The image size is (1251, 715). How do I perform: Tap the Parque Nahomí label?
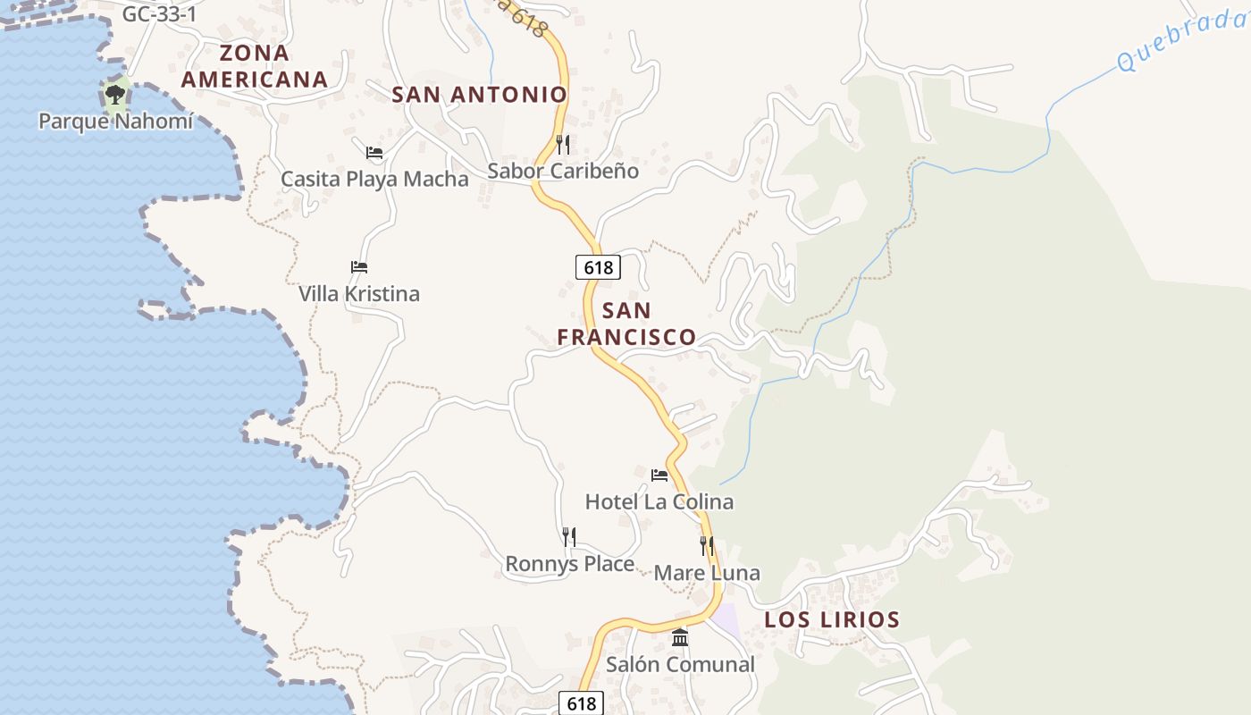coord(115,121)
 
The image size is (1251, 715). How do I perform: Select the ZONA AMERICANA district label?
coord(255,66)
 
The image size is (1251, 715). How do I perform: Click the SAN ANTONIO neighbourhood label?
coord(480,94)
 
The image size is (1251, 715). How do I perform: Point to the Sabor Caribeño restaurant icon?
coord(562,143)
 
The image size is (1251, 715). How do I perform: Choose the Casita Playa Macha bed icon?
coord(374,152)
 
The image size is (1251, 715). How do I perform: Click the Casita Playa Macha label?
coord(374,179)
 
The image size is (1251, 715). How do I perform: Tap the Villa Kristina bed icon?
coord(359,266)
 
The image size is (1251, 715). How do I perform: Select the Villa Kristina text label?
coord(359,293)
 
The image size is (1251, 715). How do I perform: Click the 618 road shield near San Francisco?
coord(598,266)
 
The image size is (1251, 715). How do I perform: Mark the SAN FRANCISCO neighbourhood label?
coord(626,324)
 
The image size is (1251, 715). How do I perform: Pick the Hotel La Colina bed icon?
coord(659,475)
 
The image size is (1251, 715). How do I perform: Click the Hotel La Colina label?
coord(659,501)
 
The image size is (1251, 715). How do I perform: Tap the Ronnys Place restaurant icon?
coord(569,536)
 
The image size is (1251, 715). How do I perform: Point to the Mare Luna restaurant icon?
coord(707,545)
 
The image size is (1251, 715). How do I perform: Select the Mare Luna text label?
coord(707,572)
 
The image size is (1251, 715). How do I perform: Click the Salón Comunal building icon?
coord(680,637)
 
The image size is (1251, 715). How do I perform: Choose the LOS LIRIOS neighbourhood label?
coord(832,619)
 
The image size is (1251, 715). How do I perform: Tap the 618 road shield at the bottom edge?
coord(582,703)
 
